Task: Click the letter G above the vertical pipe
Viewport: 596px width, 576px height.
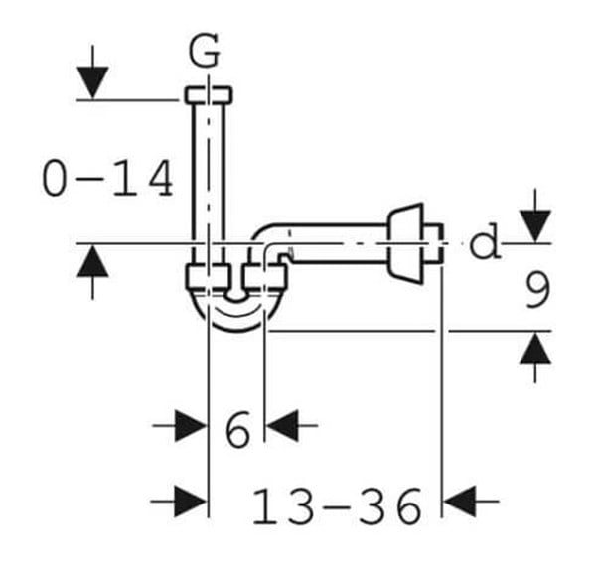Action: [x=204, y=51]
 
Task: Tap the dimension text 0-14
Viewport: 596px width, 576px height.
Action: [x=107, y=178]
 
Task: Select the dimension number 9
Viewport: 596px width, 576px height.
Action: [x=537, y=290]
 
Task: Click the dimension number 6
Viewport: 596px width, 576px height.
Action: [x=237, y=429]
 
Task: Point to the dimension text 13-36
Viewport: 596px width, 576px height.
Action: [x=337, y=506]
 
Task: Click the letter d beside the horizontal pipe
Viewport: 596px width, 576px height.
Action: [x=484, y=241]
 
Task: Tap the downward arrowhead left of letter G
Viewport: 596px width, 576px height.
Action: [x=92, y=82]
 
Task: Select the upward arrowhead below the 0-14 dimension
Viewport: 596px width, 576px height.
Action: [x=92, y=261]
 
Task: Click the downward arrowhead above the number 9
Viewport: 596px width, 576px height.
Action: [x=535, y=226]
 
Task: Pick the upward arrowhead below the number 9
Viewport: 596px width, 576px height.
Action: [x=535, y=349]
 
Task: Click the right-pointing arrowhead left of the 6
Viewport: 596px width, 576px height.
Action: [x=191, y=425]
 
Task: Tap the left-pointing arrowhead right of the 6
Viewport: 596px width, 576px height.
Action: [x=282, y=425]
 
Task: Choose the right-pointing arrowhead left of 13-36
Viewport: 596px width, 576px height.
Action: [x=191, y=502]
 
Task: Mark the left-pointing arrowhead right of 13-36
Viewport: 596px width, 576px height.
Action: [x=460, y=502]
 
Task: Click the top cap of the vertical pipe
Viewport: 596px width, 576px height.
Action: [x=209, y=95]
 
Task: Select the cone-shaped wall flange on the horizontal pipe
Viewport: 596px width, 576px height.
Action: [x=405, y=243]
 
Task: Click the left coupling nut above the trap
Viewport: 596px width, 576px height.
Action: [x=208, y=277]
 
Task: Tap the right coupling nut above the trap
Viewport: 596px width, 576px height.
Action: [x=264, y=277]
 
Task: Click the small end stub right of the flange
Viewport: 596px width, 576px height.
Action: [x=433, y=243]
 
